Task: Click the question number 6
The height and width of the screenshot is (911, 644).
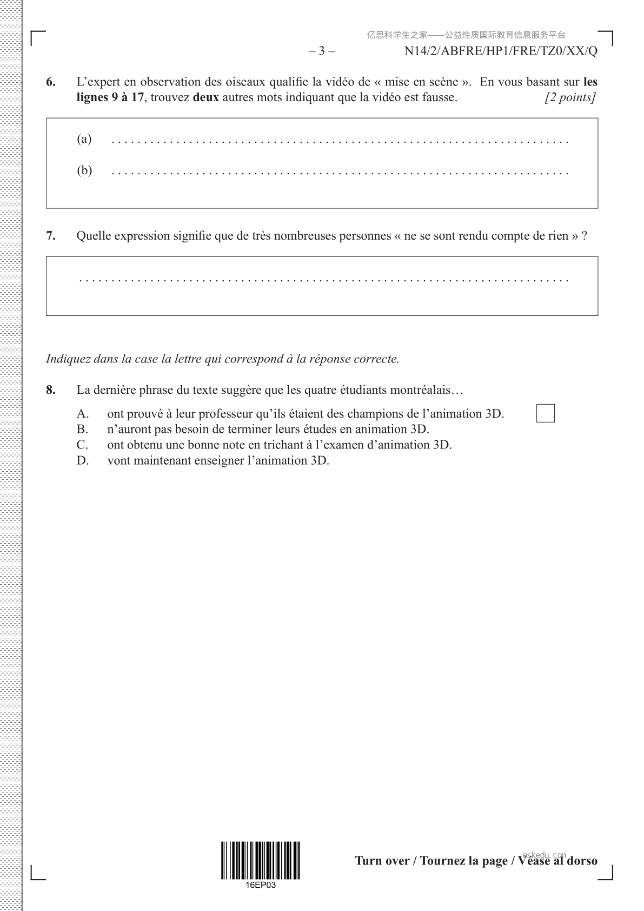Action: tap(50, 82)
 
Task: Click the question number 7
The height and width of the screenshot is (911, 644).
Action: tap(50, 236)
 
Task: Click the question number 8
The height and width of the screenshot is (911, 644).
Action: tap(50, 390)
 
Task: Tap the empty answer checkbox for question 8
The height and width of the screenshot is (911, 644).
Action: tap(545, 413)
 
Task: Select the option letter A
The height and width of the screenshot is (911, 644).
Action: tap(82, 414)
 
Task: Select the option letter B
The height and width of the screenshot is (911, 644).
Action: tap(82, 430)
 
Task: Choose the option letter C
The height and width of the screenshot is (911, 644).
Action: tap(82, 445)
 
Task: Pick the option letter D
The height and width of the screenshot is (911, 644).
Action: tap(82, 460)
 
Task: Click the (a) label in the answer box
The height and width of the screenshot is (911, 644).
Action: tap(84, 139)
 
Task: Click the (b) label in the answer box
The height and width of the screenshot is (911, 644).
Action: tap(84, 170)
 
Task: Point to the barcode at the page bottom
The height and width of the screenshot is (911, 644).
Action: tap(260, 860)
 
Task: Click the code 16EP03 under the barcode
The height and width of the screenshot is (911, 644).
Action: tap(260, 885)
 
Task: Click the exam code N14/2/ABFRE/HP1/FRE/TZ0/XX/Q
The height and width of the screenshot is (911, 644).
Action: tap(501, 51)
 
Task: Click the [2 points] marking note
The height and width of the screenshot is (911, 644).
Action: tap(571, 98)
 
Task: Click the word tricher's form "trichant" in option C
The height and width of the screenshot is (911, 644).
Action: tap(282, 445)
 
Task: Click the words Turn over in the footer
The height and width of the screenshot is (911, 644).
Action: tap(382, 861)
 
